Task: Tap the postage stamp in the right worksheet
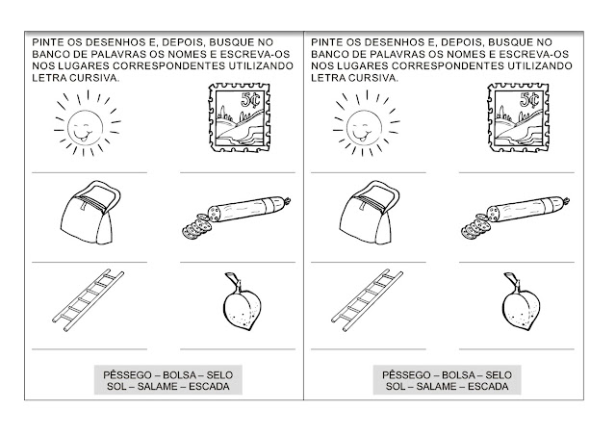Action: click(x=518, y=117)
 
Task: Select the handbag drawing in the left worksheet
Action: click(x=90, y=213)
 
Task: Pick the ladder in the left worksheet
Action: click(x=89, y=300)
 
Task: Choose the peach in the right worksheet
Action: click(x=522, y=302)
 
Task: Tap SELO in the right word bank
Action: click(x=499, y=375)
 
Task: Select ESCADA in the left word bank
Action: click(x=209, y=387)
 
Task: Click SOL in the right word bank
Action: click(x=396, y=387)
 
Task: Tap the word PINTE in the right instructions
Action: click(x=324, y=42)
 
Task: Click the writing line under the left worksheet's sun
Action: click(x=90, y=172)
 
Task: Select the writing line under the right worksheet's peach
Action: click(x=517, y=348)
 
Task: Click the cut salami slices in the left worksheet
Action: click(x=196, y=227)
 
